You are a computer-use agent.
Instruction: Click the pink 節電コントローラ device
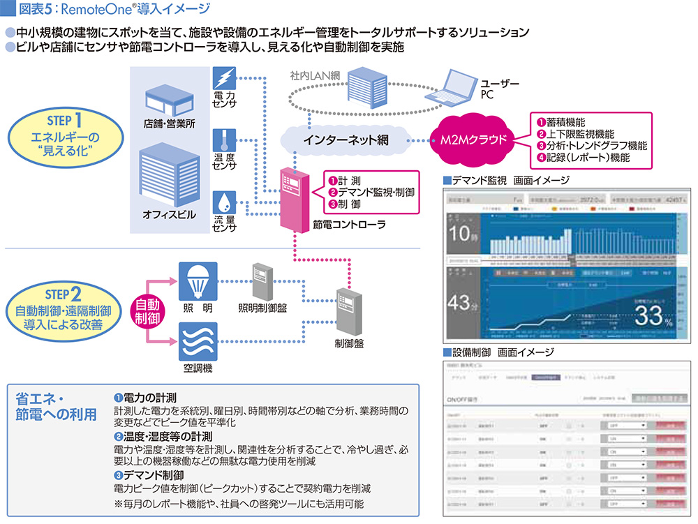[x=295, y=200]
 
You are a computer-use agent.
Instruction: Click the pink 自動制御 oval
[x=145, y=312]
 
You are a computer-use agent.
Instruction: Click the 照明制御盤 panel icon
[x=262, y=280]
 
